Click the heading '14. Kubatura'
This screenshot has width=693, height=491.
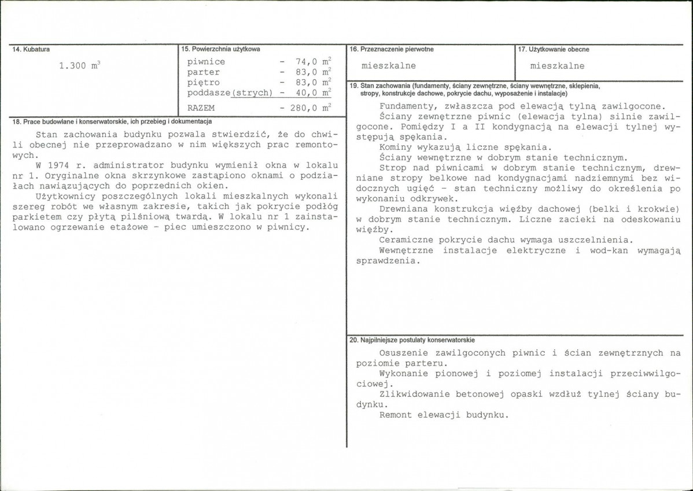click(x=26, y=50)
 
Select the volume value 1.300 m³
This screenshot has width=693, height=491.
click(x=80, y=66)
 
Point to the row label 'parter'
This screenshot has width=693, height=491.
click(x=203, y=72)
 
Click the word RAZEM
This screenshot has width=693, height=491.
click(x=201, y=108)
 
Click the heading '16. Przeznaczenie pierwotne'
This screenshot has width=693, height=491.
click(x=392, y=50)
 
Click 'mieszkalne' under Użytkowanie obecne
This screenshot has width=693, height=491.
click(x=557, y=66)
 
